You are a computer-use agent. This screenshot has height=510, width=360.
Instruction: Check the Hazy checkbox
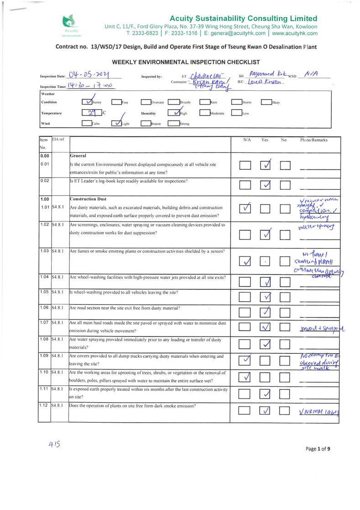(266, 102)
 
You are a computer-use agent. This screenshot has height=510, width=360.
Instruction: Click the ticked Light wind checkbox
(117, 123)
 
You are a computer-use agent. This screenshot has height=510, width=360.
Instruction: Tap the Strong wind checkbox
(173, 123)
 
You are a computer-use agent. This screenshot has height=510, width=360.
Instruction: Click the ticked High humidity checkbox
(173, 112)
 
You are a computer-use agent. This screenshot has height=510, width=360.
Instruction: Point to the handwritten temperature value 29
(91, 113)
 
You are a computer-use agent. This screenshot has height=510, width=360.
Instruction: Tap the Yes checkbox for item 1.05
(266, 297)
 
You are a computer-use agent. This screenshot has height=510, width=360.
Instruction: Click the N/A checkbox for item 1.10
(245, 377)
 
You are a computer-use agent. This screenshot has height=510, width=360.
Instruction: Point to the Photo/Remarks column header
(313, 140)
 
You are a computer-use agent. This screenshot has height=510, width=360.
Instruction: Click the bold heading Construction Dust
(88, 199)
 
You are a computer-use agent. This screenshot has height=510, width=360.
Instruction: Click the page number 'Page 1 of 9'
(318, 449)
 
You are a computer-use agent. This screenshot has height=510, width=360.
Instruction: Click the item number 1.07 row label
(44, 323)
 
